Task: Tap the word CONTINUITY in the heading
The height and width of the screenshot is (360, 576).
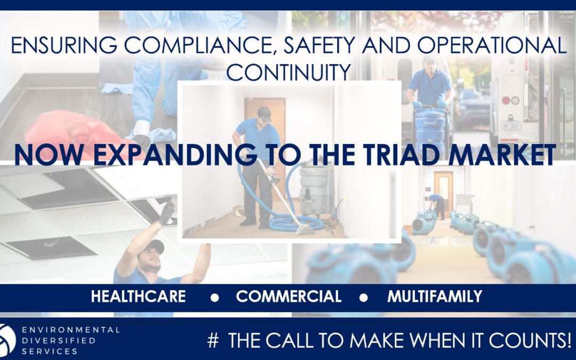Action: pyautogui.click(x=289, y=71)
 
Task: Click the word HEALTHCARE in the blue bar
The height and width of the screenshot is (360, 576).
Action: pyautogui.click(x=139, y=296)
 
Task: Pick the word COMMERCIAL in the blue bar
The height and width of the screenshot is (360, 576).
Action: pyautogui.click(x=289, y=296)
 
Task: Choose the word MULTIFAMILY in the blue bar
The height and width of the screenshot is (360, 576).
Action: pyautogui.click(x=435, y=296)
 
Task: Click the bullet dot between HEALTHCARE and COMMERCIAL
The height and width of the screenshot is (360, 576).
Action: pyautogui.click(x=214, y=298)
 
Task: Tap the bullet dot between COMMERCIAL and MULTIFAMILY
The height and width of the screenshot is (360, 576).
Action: pyautogui.click(x=363, y=298)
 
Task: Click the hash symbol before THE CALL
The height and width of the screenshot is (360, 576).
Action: pyautogui.click(x=213, y=340)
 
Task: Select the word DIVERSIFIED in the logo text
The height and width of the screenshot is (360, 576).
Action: pyautogui.click(x=59, y=340)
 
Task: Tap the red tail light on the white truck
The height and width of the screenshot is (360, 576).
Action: pyautogui.click(x=506, y=100)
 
